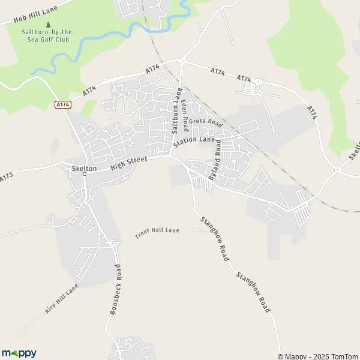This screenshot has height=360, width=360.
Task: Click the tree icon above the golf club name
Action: (x=48, y=25)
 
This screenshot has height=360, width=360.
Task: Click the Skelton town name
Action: (x=83, y=169)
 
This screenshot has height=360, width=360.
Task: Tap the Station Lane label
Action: (x=194, y=142)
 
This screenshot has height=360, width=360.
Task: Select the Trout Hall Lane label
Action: (x=157, y=232)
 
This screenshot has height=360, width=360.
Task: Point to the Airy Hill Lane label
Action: (x=61, y=300)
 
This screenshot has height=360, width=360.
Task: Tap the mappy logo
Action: (x=19, y=353)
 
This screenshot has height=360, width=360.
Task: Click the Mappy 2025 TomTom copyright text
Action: (x=318, y=356)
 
